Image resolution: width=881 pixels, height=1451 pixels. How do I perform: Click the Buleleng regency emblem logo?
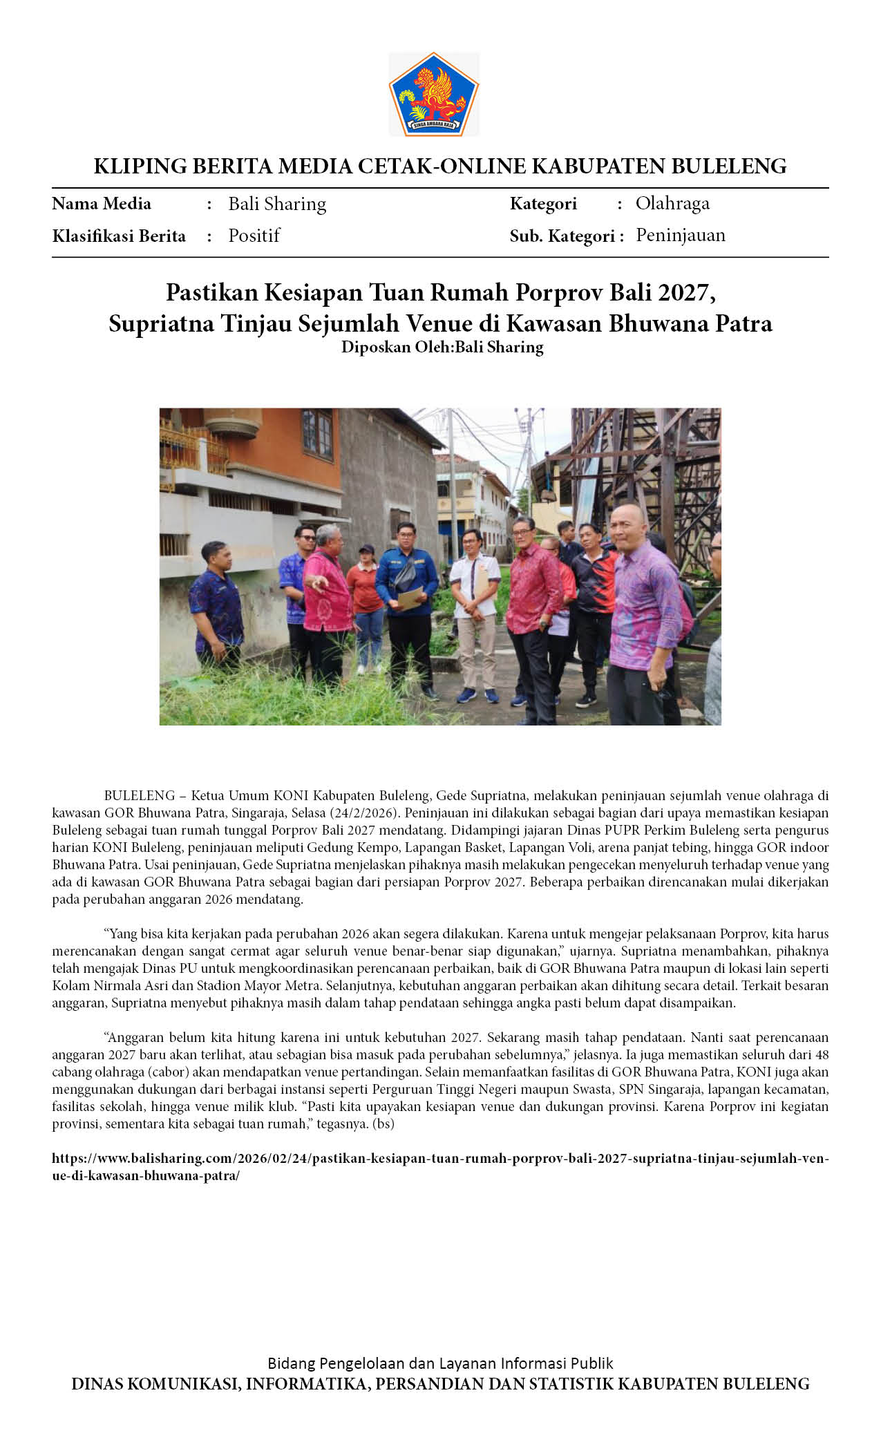433,94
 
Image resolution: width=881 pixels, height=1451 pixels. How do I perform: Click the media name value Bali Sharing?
277,204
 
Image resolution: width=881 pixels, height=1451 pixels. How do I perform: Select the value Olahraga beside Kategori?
672,203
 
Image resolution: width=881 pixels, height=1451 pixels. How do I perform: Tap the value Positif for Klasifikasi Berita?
254,236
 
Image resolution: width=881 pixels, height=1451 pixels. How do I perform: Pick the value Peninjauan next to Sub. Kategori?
681,236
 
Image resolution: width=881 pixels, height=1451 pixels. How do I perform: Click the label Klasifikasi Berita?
119,236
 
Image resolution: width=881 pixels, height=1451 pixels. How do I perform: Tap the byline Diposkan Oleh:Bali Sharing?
442,347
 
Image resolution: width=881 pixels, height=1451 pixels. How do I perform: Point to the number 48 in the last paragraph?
821,1054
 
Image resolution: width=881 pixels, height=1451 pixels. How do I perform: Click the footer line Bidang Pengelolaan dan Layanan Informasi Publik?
440,1363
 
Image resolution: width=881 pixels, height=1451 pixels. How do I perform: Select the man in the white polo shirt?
475,608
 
